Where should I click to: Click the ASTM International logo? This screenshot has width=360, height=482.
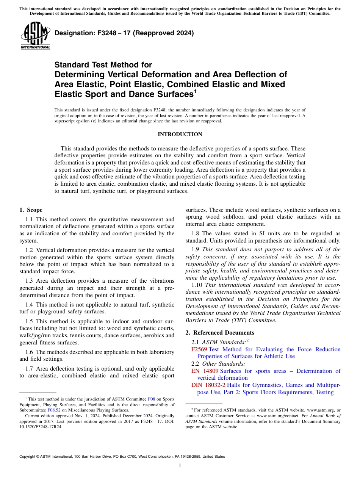coord(36,36)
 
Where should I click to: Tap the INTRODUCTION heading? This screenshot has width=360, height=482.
coord(180,134)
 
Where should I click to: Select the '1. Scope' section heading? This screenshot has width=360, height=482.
coord(31,210)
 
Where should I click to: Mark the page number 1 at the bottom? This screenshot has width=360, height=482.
coord(180,465)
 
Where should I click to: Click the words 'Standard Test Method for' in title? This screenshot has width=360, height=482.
coord(103,65)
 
